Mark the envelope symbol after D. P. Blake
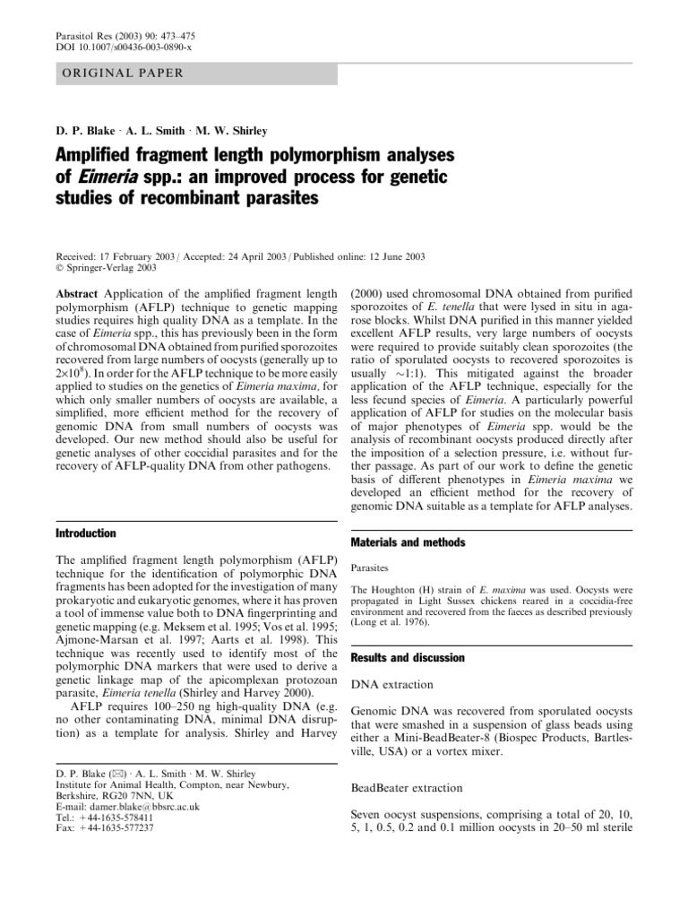pos(99,774)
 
